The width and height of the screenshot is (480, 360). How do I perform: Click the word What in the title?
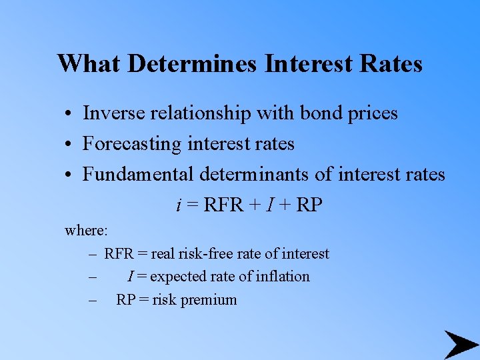pyautogui.click(x=89, y=64)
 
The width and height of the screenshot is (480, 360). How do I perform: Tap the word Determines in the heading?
pyautogui.click(x=194, y=64)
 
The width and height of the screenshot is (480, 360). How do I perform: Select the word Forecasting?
pyautogui.click(x=132, y=143)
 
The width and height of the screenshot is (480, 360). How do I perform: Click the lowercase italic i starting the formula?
pyautogui.click(x=178, y=205)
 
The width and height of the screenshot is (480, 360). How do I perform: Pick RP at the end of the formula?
pyautogui.click(x=308, y=205)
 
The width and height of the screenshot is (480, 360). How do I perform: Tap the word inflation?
pyautogui.click(x=283, y=276)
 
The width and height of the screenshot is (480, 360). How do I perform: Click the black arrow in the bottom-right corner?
pyautogui.click(x=461, y=344)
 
